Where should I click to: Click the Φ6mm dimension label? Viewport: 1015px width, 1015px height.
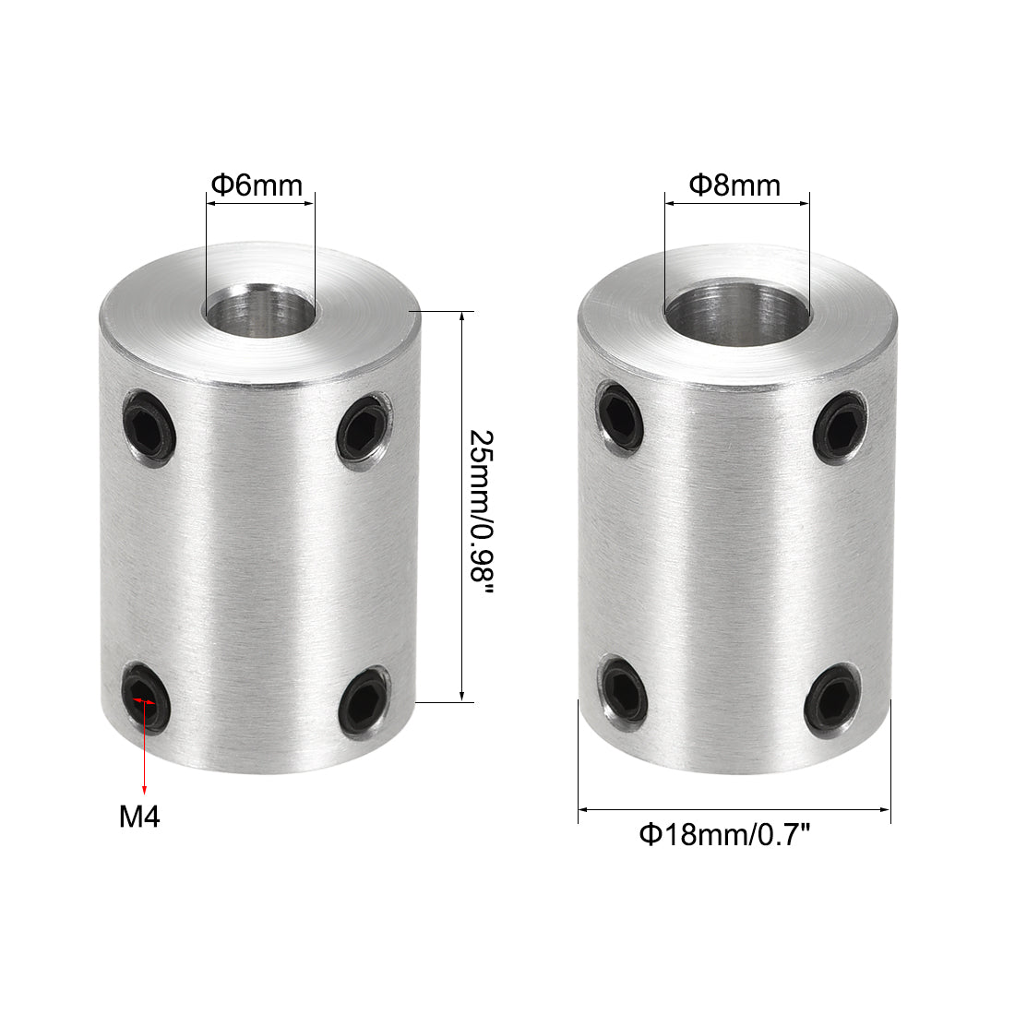tap(257, 185)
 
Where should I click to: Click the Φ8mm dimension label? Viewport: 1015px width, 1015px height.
tap(735, 185)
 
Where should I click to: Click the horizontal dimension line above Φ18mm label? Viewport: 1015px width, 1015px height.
tap(734, 810)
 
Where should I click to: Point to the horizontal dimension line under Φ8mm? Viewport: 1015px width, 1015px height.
tap(735, 205)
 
